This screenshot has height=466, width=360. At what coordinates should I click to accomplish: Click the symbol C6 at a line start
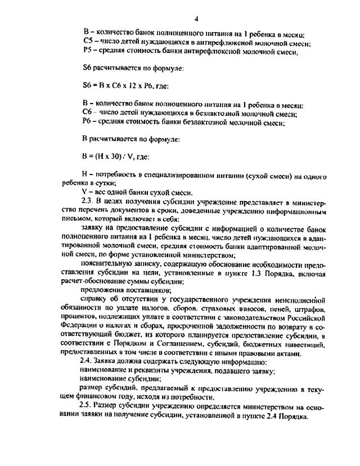tap(87, 113)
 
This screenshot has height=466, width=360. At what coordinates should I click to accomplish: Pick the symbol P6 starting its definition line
tap(87, 122)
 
